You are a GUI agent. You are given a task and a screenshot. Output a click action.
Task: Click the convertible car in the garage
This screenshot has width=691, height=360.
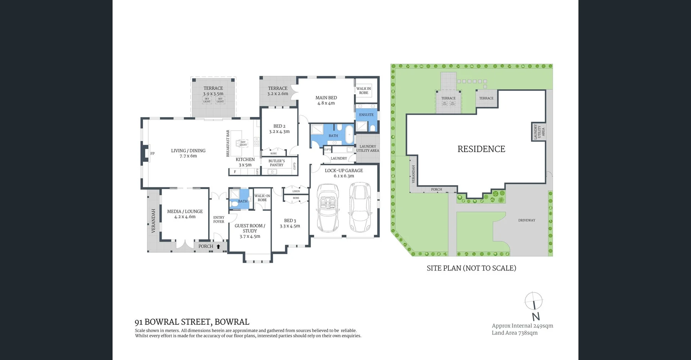(x=328, y=209)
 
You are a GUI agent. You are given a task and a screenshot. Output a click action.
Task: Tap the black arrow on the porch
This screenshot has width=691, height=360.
(x=218, y=246)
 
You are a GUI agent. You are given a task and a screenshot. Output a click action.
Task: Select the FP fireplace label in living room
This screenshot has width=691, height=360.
(x=153, y=154)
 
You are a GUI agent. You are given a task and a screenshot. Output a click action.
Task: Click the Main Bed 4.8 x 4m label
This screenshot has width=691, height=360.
(x=326, y=100)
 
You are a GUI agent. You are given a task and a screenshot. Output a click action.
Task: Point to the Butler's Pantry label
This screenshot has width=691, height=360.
(x=276, y=163)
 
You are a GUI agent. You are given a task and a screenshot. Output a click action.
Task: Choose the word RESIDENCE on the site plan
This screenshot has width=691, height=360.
(x=481, y=149)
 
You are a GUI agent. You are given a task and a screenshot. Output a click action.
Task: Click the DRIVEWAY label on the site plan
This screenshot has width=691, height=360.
(x=527, y=220)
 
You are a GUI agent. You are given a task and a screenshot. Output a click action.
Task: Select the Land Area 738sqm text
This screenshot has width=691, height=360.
(x=515, y=333)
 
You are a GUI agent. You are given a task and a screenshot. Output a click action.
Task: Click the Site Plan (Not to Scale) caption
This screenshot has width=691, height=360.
(x=471, y=268)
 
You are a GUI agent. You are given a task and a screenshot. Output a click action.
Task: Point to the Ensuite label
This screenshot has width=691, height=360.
(x=366, y=115)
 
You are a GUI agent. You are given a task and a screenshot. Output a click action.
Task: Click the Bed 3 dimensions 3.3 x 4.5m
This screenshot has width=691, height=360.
(x=290, y=226)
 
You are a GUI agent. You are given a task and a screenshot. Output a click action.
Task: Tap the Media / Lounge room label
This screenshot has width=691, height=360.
(x=185, y=214)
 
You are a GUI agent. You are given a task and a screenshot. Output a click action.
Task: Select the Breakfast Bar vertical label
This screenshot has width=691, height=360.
(x=228, y=143)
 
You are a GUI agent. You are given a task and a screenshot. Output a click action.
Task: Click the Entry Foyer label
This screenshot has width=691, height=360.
(x=219, y=219)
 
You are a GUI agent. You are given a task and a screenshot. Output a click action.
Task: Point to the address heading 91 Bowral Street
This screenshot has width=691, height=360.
(x=192, y=322)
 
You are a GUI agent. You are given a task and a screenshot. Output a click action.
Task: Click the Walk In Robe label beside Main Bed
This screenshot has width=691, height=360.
(x=363, y=91)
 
